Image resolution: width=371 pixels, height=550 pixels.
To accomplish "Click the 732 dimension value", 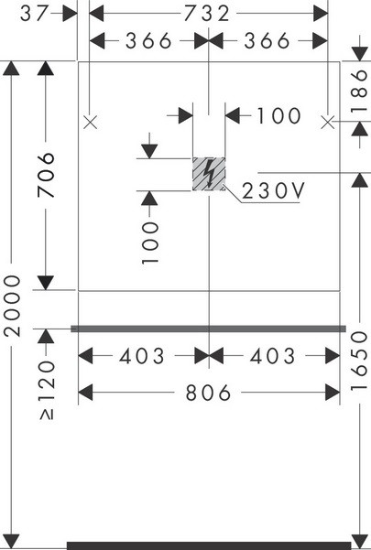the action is click(x=207, y=14).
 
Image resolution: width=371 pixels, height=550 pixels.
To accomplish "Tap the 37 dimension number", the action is click(x=33, y=14).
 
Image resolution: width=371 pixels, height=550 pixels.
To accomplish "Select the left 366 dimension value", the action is click(x=148, y=40).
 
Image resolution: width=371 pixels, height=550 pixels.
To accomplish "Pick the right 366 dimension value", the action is click(x=267, y=40).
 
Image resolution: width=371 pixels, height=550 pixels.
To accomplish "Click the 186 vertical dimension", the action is click(x=359, y=92).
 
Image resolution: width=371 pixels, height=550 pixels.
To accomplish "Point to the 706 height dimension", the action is click(x=46, y=175).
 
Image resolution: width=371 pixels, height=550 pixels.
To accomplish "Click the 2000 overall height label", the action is click(x=12, y=307).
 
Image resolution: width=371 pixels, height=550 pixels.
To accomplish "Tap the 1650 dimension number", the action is click(x=359, y=361).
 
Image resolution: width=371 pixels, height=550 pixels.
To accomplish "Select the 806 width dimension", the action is click(x=208, y=393).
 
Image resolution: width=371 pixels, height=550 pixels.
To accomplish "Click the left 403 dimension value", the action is click(x=142, y=356).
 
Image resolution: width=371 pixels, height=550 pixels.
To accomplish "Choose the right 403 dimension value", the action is click(x=273, y=356).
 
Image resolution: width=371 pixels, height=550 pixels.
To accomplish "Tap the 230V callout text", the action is click(x=273, y=191).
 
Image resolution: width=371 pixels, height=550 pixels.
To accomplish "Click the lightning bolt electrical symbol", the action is click(x=209, y=174).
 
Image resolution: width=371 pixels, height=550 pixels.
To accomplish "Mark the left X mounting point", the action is click(x=91, y=123).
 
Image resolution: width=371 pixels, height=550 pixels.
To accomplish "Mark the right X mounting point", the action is click(x=328, y=123).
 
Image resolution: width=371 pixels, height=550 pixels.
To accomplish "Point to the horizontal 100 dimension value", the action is click(x=279, y=115).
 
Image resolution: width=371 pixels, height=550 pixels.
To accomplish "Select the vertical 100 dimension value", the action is click(x=150, y=243).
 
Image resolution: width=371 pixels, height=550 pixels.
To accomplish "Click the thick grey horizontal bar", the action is click(x=209, y=329).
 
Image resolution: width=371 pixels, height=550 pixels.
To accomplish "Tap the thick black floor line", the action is click(x=209, y=545).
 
